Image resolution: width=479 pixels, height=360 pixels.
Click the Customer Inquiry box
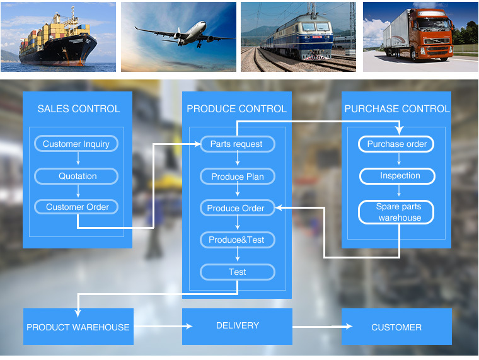pos(76,144)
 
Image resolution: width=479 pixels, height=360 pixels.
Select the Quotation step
pos(76,176)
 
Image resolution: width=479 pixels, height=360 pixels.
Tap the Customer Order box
pos(76,207)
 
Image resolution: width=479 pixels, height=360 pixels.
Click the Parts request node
pos(237,144)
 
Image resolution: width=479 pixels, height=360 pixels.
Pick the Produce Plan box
pos(237,177)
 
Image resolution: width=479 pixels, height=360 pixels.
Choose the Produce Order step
pos(237,208)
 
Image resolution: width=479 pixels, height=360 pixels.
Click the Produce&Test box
pos(237,240)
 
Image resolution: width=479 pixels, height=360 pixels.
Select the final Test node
pos(237,272)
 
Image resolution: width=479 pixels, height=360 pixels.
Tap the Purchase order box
pos(397,144)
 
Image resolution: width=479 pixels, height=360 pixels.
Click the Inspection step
pos(397,176)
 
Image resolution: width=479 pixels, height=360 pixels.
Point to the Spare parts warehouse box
pos(397,212)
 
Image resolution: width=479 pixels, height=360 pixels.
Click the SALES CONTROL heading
pos(78,108)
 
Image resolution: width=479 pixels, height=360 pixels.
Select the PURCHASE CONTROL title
pos(397,108)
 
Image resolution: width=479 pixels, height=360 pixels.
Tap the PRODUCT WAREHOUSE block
pos(78,327)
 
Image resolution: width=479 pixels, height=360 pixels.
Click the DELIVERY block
pos(237,326)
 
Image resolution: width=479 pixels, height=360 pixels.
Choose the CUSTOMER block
pos(396,327)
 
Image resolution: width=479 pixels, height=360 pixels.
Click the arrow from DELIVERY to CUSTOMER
pos(321,327)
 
